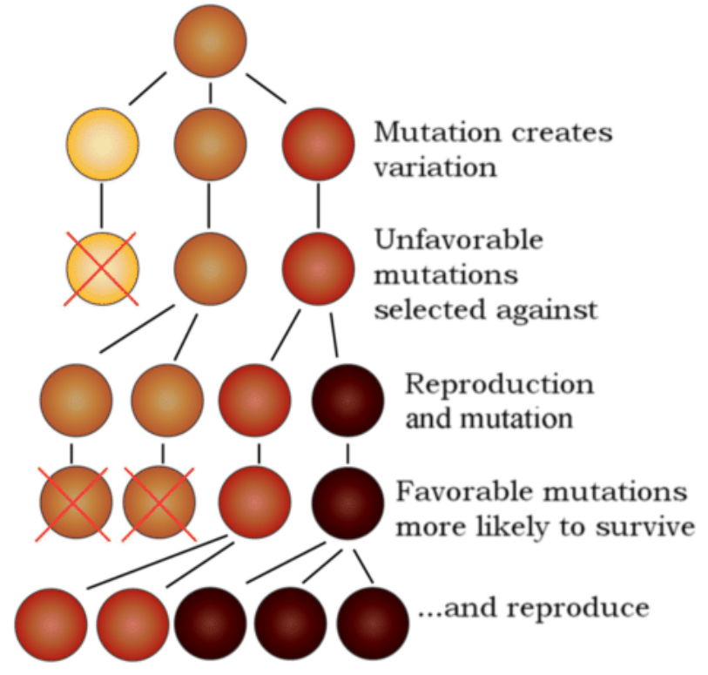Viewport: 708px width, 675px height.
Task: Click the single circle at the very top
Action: click(210, 41)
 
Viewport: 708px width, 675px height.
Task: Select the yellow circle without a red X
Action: click(103, 144)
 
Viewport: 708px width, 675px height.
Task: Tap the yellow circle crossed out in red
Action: click(102, 269)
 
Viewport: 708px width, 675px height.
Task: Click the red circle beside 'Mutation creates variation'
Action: click(319, 144)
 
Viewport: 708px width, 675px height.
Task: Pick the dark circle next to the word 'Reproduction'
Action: click(348, 400)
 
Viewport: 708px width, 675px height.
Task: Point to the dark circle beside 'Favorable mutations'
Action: click(348, 503)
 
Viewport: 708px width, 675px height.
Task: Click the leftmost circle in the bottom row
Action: click(51, 624)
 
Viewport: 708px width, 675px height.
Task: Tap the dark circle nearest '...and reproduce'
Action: click(373, 624)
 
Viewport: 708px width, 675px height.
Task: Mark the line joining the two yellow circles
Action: click(102, 206)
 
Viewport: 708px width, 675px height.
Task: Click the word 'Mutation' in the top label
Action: click(437, 132)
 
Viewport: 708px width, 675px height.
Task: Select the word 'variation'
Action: click(435, 168)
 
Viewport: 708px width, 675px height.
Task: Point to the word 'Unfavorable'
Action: click(459, 240)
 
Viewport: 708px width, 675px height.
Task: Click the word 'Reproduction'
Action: click(499, 384)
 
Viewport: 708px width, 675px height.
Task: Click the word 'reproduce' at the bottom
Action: click(578, 609)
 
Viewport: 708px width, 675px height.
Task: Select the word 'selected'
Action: click(431, 310)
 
